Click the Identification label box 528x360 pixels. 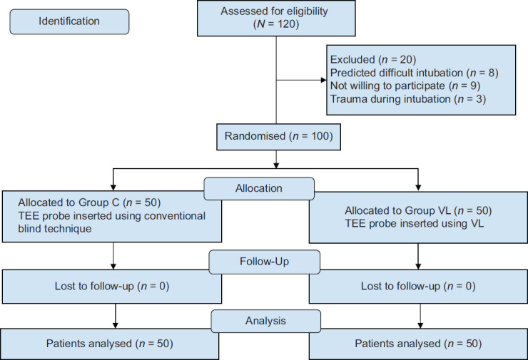tap(69, 21)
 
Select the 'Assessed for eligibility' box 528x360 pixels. tap(276, 18)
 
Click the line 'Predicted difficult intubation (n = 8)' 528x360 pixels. tap(414, 73)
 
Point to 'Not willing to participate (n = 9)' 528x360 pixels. tap(405, 86)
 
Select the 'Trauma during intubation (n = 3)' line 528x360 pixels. tap(408, 99)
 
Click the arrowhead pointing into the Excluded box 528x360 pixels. tap(324, 80)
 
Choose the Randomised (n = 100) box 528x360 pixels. tap(278, 137)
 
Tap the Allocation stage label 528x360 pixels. tap(259, 188)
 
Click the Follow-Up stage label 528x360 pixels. tap(264, 262)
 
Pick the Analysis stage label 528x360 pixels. tap(265, 321)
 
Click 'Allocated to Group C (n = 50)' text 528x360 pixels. tap(89, 202)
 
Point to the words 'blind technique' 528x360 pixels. tap(55, 229)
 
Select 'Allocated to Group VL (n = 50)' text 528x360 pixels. tap(418, 210)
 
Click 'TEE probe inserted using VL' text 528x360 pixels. tap(414, 224)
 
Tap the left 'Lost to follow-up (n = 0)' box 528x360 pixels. tap(112, 287)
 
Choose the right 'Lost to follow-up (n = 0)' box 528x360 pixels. tap(418, 287)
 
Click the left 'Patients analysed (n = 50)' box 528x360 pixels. tap(109, 344)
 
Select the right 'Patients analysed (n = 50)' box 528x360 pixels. tap(418, 344)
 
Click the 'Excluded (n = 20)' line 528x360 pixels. tap(373, 60)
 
